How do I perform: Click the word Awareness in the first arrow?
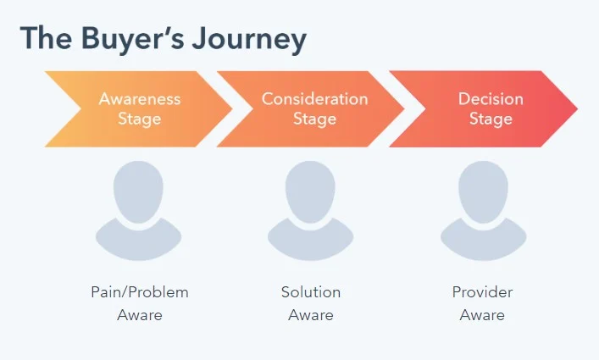pyautogui.click(x=140, y=98)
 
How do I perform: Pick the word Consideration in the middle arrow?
pyautogui.click(x=314, y=98)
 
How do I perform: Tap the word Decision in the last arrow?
pyautogui.click(x=491, y=98)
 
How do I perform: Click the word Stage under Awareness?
pyautogui.click(x=140, y=119)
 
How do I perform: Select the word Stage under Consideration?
pyautogui.click(x=314, y=119)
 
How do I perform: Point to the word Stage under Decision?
pyautogui.click(x=491, y=119)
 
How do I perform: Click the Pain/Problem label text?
pyautogui.click(x=140, y=292)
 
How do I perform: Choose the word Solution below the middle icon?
pyautogui.click(x=311, y=292)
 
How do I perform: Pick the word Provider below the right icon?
pyautogui.click(x=482, y=292)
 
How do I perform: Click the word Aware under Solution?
pyautogui.click(x=311, y=315)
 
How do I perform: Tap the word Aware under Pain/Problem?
pyautogui.click(x=140, y=315)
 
